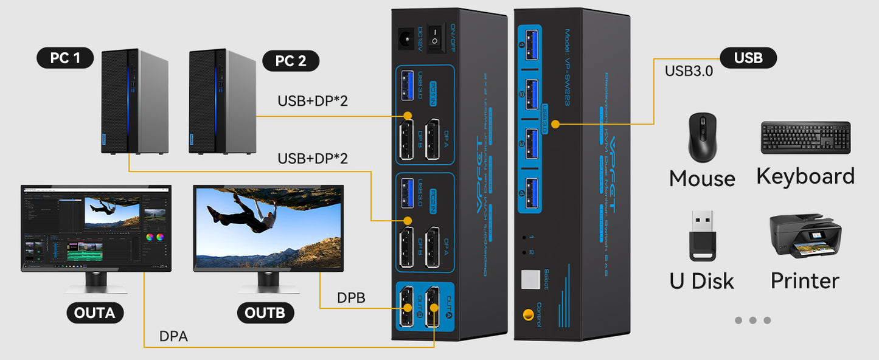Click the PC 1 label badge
pos(66,58)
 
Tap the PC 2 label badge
pos(291,61)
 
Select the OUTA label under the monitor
pos(94,313)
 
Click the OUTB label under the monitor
pos(265,313)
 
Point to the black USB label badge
pos(748,58)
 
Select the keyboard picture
pos(805,137)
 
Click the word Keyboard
pos(805,176)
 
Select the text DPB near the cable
pos(351,299)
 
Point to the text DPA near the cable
pos(173,336)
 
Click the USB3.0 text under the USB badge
pos(689,71)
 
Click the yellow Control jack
pos(528,316)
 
